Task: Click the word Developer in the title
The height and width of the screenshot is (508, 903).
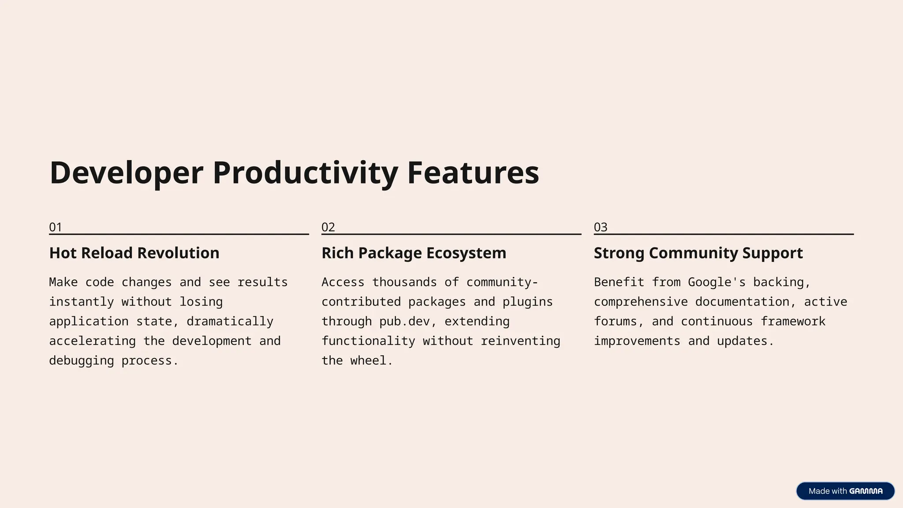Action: coord(126,172)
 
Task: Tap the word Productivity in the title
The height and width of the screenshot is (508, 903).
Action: coord(305,172)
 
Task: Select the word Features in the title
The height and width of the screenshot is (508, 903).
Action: coord(473,172)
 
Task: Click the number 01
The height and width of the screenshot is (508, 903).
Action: coord(56,227)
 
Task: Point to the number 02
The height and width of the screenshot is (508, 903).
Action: coord(328,227)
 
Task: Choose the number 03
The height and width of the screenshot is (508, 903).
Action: coord(601,227)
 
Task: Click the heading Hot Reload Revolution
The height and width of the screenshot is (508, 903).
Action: coord(134,253)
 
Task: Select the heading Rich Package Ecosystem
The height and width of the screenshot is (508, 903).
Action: coord(414,253)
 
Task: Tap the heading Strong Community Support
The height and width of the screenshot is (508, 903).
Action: coord(698,253)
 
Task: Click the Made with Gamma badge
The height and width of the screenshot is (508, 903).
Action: coord(845,491)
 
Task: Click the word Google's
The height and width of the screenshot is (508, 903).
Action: coord(716,282)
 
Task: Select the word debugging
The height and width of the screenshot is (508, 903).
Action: coord(81,361)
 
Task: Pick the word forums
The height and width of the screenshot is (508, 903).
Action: coord(616,321)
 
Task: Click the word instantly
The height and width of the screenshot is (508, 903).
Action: coord(81,302)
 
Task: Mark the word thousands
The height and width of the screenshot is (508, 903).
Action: coord(404,282)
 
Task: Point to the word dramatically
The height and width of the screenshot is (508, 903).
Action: coord(230,321)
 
